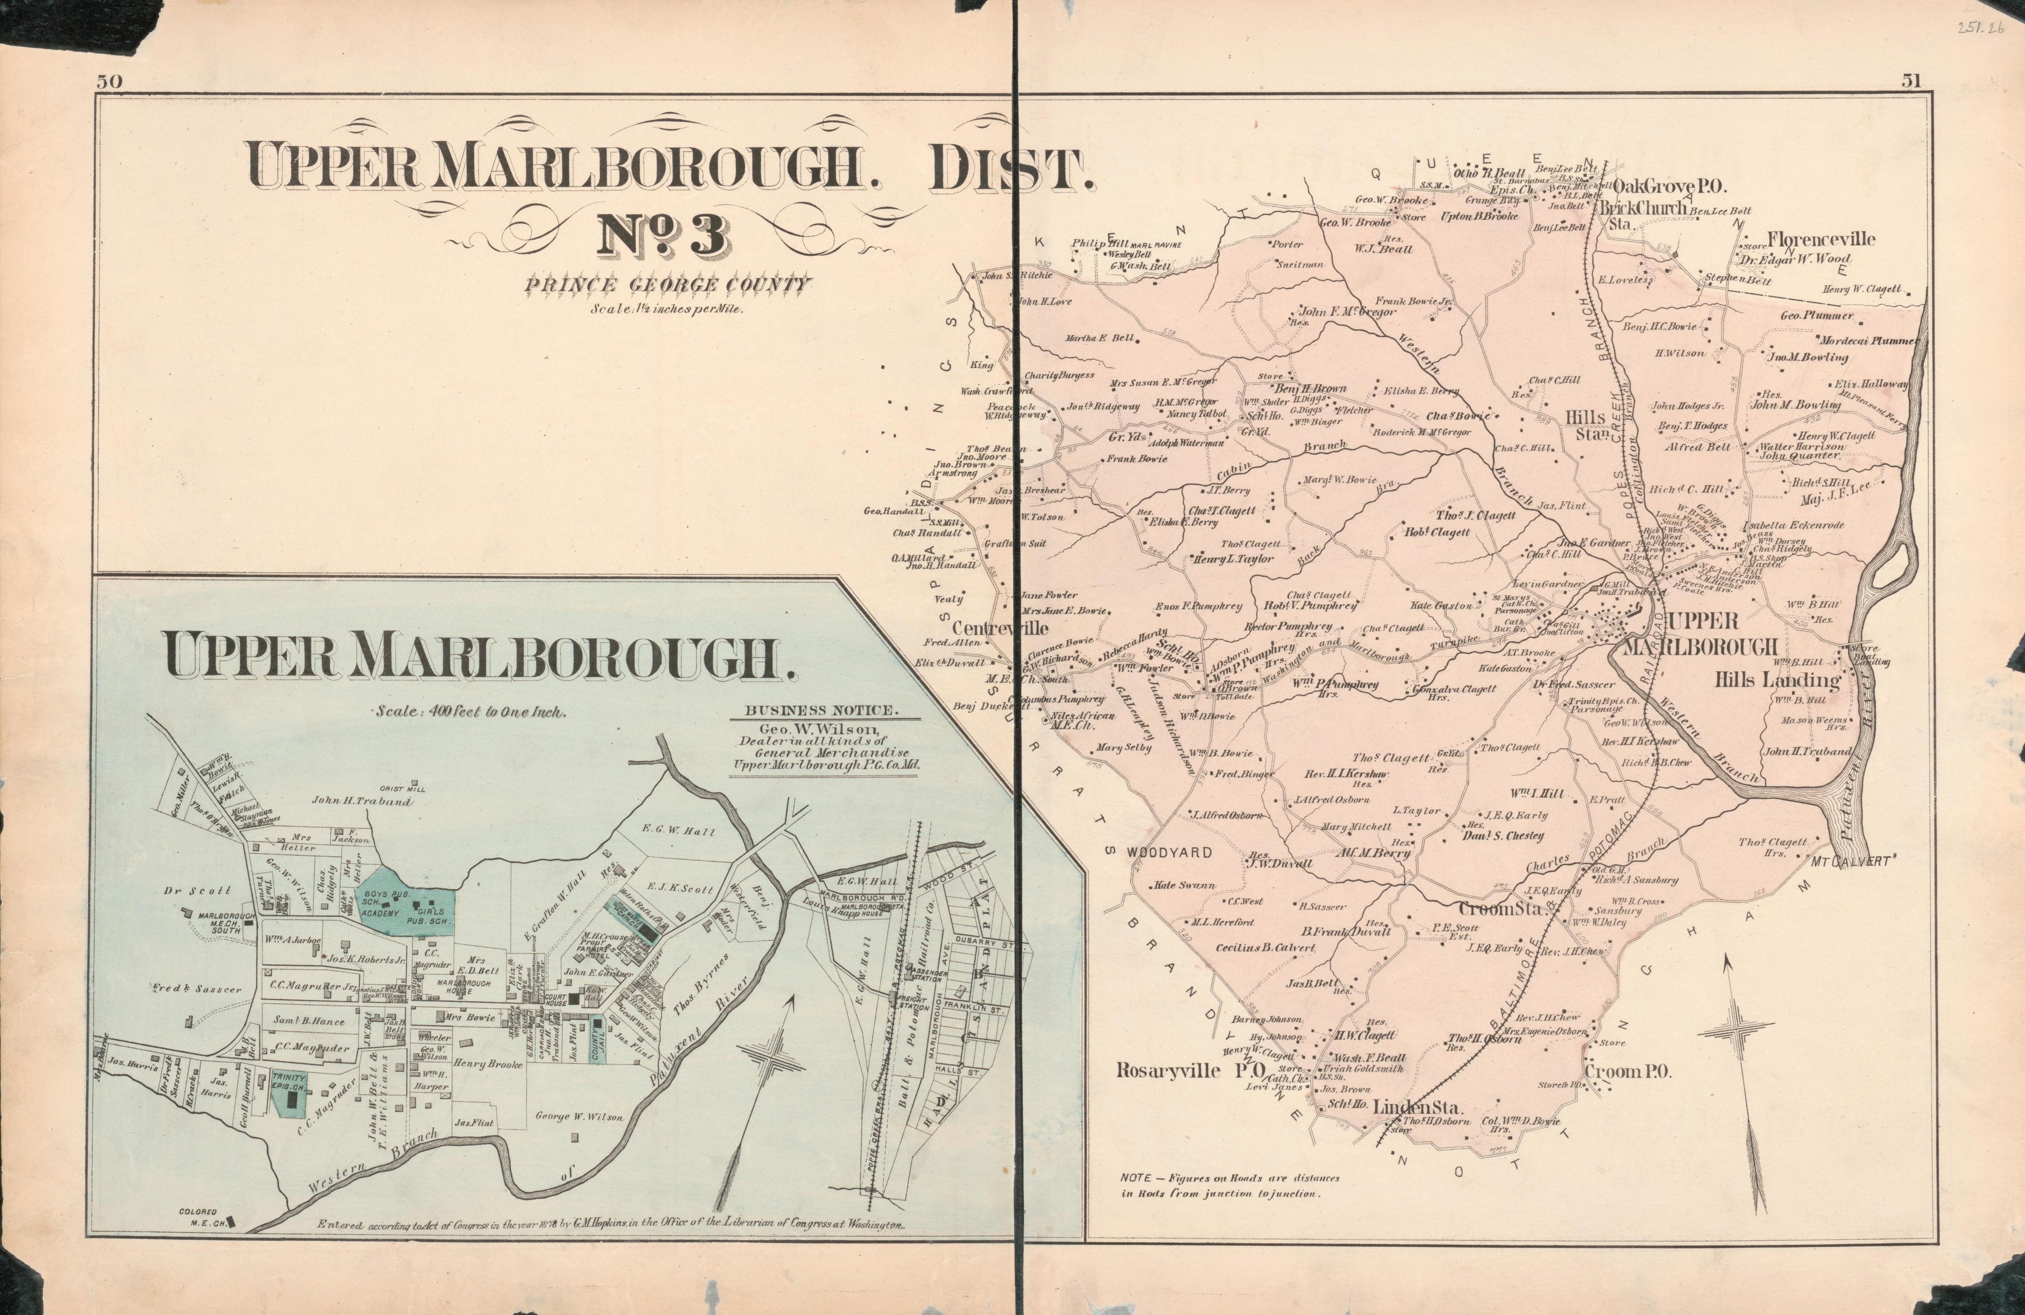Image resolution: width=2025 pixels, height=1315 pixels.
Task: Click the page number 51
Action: point(1911,82)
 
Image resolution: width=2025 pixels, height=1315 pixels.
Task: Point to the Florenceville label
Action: point(1821,239)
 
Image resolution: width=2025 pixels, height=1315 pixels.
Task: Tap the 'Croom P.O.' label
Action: point(1628,1072)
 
